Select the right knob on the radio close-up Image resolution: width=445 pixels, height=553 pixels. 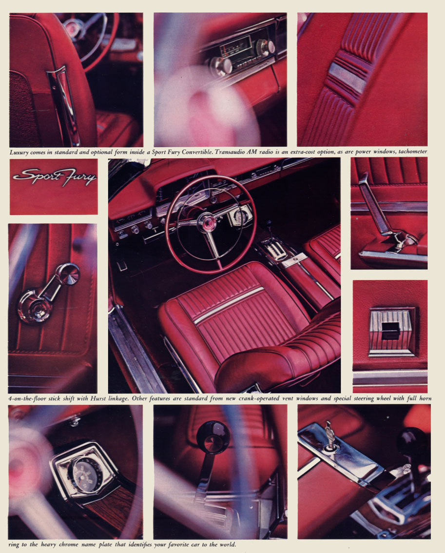click(x=266, y=48)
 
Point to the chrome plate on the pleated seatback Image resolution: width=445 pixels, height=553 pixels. click(x=347, y=77)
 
